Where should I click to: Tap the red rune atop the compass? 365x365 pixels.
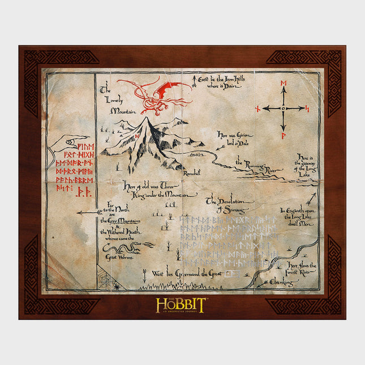284,84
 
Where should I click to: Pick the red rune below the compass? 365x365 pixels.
284,136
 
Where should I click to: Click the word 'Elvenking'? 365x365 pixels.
281,281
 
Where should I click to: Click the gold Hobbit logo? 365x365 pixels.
180,305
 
